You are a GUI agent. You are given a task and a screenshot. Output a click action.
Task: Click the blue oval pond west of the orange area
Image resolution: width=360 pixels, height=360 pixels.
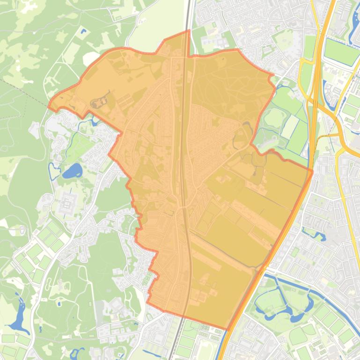pyautogui.click(x=72, y=171)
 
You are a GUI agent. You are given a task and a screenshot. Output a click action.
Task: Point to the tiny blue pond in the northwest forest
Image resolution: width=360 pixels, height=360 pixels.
pyautogui.click(x=83, y=32)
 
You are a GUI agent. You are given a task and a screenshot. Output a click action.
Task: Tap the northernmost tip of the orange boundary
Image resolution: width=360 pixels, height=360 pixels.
pyautogui.click(x=189, y=31)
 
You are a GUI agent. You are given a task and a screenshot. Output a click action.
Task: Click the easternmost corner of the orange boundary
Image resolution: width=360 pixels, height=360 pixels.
pyautogui.click(x=312, y=170)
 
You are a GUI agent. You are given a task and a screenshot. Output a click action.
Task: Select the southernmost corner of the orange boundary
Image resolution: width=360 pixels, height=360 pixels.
pyautogui.click(x=227, y=329)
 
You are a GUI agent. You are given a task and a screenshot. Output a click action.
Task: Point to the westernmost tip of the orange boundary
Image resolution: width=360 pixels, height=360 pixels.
pyautogui.click(x=49, y=106)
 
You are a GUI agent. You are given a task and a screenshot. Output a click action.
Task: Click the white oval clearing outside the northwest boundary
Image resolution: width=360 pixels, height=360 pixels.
pyautogui.click(x=89, y=59)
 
